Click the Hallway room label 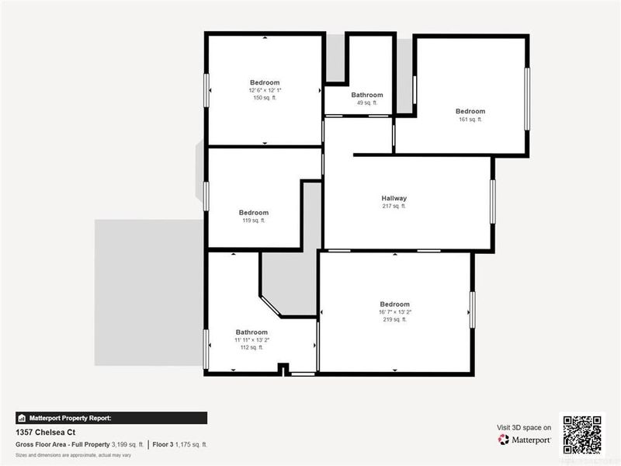(x=394, y=198)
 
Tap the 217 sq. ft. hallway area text (x=394, y=206)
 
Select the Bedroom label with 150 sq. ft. (x=265, y=82)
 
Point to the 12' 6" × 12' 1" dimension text (x=265, y=90)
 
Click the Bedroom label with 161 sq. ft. (x=470, y=111)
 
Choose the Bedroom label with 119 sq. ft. (x=254, y=213)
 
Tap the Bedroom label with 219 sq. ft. (x=394, y=304)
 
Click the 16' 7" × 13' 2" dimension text (x=394, y=312)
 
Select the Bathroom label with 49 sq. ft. (x=367, y=95)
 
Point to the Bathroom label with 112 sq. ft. (x=252, y=332)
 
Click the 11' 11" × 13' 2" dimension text (x=252, y=339)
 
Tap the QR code (x=581, y=433)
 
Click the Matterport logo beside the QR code (x=525, y=440)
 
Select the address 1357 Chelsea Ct (x=46, y=432)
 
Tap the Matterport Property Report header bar (x=111, y=417)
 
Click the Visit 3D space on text (x=524, y=427)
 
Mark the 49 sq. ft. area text (x=367, y=103)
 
